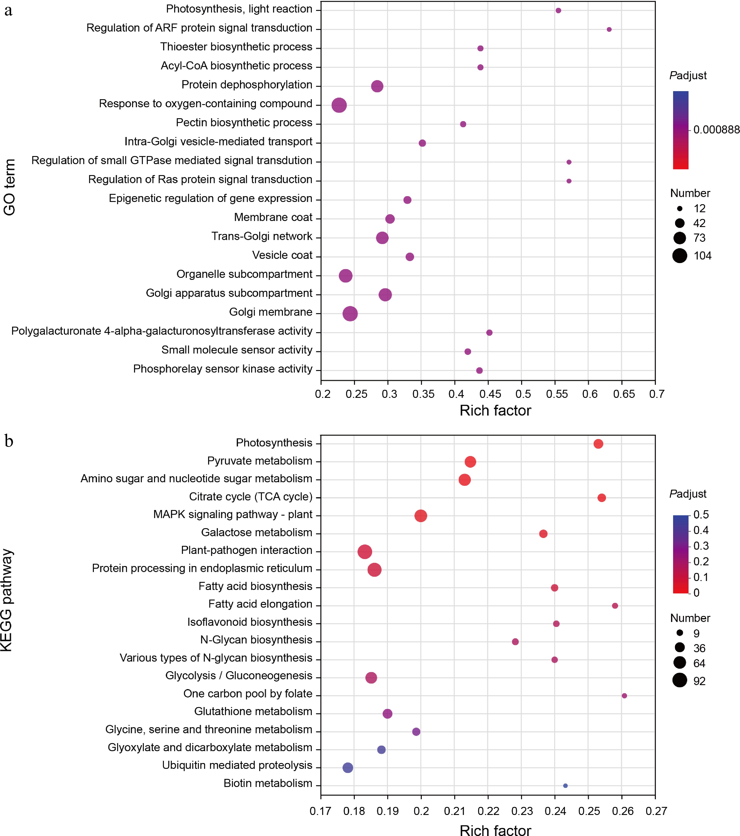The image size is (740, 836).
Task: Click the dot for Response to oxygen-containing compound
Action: (339, 105)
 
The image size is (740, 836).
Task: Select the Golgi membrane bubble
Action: (350, 314)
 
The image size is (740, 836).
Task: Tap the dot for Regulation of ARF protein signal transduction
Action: (609, 30)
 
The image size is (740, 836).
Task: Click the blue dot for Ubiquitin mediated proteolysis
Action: (348, 768)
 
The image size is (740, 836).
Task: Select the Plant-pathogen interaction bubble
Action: (365, 552)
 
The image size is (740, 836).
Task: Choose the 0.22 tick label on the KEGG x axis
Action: (488, 811)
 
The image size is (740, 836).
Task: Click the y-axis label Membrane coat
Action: (273, 217)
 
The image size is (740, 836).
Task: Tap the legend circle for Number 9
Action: (680, 633)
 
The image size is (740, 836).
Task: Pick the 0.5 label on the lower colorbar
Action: (701, 514)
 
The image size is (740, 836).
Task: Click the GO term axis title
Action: (9, 187)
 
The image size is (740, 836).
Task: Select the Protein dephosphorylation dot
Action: (377, 86)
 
